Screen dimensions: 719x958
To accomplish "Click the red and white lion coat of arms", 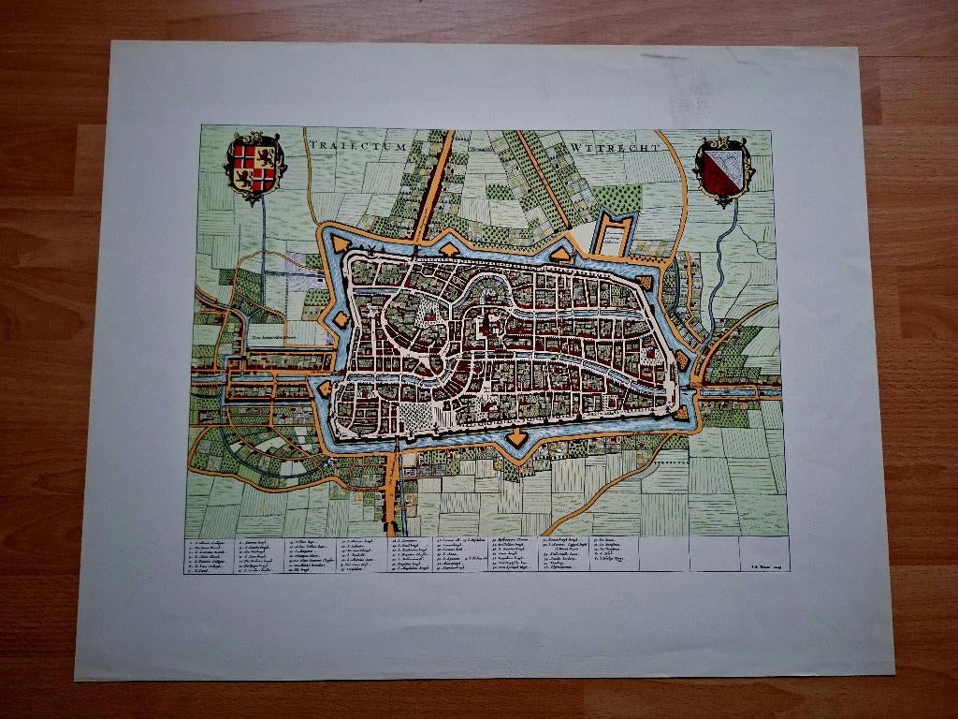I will point(254,167).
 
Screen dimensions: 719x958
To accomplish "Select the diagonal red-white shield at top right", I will point(723,169).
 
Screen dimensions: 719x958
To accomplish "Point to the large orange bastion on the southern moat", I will point(516,437).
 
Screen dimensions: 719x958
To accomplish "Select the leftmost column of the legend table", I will point(210,554).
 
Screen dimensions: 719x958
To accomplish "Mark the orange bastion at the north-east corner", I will point(645,281).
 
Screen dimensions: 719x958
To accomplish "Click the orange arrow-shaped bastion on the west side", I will point(324,389).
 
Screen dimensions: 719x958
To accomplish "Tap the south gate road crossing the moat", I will point(393,449).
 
